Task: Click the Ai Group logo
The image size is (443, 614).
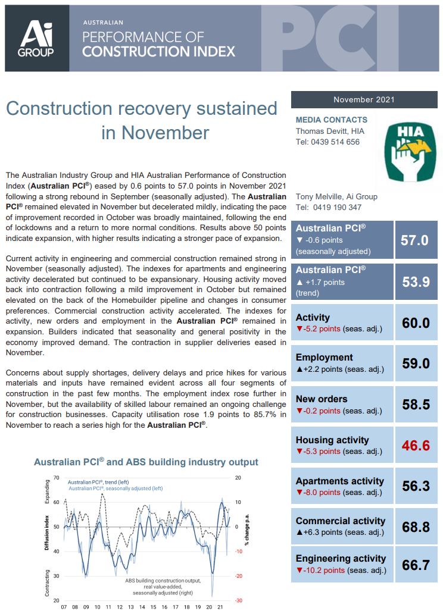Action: (x=37, y=38)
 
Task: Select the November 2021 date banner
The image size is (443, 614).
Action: (x=364, y=100)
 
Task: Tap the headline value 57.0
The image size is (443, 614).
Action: (x=415, y=240)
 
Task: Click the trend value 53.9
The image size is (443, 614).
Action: (x=416, y=282)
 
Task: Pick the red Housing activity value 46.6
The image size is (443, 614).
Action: (x=416, y=445)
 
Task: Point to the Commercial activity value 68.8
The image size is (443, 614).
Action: (x=416, y=527)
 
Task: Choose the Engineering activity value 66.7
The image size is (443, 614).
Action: (x=416, y=565)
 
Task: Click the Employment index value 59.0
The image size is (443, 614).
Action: (x=416, y=364)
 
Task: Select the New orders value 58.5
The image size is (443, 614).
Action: (x=416, y=405)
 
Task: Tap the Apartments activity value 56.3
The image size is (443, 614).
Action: (x=416, y=486)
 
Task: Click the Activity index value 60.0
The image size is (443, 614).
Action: (x=416, y=323)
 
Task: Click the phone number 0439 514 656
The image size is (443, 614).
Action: (x=336, y=142)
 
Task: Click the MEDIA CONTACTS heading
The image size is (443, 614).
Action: (x=332, y=120)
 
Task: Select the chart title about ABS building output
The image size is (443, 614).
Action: (x=146, y=462)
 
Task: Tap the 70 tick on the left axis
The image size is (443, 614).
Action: (x=56, y=478)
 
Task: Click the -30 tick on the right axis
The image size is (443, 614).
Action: (x=238, y=601)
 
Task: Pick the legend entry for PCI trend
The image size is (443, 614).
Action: (x=98, y=482)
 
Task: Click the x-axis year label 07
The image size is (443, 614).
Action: (x=64, y=607)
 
